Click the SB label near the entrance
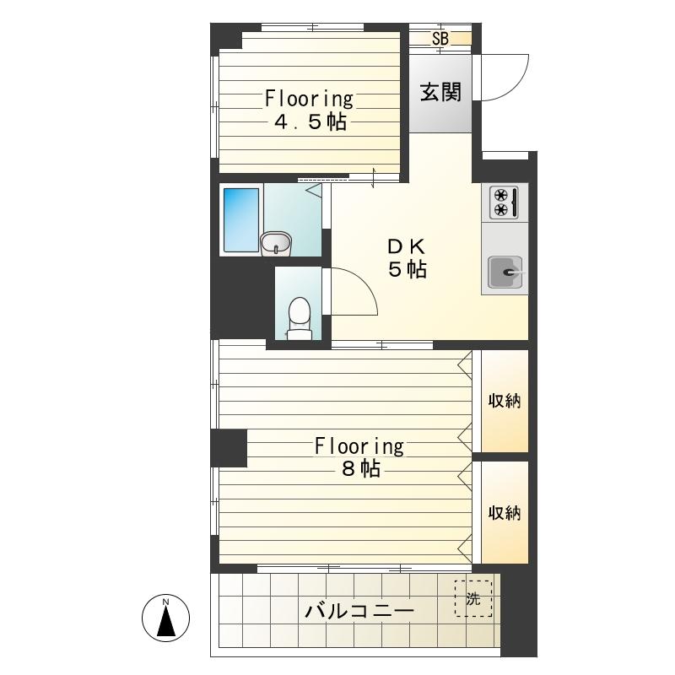click(x=440, y=39)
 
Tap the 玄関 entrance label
click(x=440, y=93)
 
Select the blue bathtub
click(x=241, y=220)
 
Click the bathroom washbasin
click(x=276, y=244)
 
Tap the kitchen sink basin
click(x=505, y=272)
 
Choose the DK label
click(x=407, y=247)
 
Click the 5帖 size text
click(x=408, y=270)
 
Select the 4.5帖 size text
click(x=310, y=122)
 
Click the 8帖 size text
click(x=361, y=468)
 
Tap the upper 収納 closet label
click(x=505, y=401)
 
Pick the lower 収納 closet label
click(x=505, y=513)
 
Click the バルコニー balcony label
click(x=359, y=611)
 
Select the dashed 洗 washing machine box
click(x=473, y=598)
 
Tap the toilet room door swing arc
click(x=364, y=282)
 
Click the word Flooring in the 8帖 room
click(x=359, y=446)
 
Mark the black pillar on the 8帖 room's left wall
click(x=229, y=448)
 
